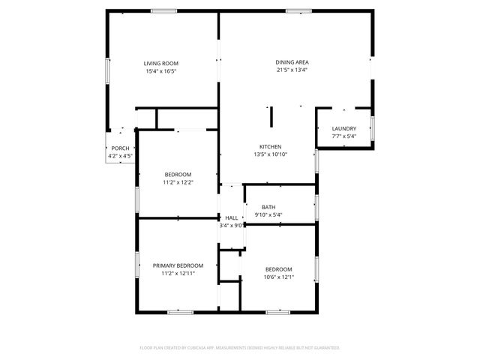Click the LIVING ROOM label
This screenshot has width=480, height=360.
click(x=161, y=63)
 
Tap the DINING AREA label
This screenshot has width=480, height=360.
click(x=292, y=62)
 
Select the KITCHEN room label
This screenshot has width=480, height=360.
click(x=270, y=146)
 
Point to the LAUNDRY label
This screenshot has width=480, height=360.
click(x=344, y=128)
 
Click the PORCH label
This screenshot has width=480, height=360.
click(x=120, y=148)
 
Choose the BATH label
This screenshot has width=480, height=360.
click(x=268, y=207)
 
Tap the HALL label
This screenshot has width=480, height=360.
click(x=232, y=217)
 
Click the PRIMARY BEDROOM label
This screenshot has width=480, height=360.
click(x=178, y=265)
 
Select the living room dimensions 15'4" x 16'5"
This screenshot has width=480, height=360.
click(x=161, y=71)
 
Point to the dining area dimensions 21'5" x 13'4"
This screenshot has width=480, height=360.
click(x=292, y=70)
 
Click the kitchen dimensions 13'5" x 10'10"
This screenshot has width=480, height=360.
click(x=270, y=154)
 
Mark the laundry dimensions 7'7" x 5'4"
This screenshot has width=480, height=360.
click(x=344, y=136)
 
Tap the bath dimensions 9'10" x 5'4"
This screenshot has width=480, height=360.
click(x=268, y=215)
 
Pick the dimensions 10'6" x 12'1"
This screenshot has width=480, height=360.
click(x=278, y=277)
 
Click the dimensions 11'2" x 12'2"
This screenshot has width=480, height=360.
click(x=178, y=182)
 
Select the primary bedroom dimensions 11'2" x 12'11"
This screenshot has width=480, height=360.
click(x=178, y=274)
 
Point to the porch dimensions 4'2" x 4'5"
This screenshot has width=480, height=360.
click(x=120, y=156)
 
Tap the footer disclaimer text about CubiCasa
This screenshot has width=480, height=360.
click(x=240, y=348)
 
